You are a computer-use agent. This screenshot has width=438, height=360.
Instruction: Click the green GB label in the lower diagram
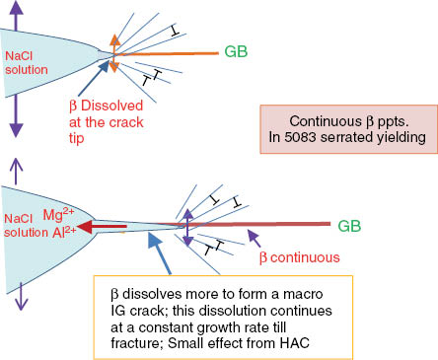click(350, 225)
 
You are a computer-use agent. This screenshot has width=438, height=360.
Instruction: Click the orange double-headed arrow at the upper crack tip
click(113, 52)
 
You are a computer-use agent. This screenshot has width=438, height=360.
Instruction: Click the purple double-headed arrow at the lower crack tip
click(188, 227)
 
